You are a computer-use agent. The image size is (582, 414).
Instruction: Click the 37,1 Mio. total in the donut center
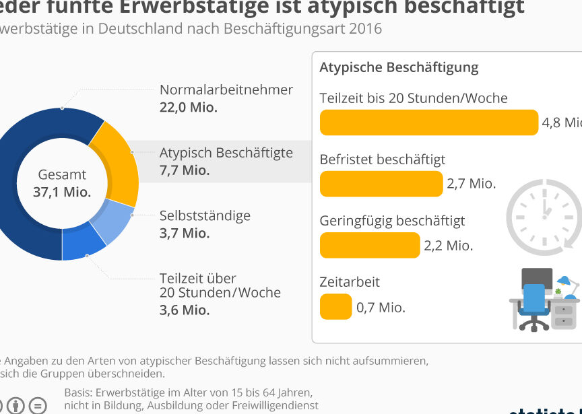[62, 192]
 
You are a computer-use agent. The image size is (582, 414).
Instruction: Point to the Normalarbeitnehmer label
[226, 90]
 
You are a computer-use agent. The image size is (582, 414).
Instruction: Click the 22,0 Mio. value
[188, 107]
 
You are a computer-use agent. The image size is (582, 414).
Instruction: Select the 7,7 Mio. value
[185, 170]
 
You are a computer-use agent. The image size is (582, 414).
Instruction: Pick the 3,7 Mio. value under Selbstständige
[185, 233]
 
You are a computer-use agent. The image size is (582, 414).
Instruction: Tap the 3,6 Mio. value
[185, 310]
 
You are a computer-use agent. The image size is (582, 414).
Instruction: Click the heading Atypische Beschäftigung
[399, 67]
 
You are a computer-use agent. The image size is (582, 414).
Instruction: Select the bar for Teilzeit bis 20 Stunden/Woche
[428, 123]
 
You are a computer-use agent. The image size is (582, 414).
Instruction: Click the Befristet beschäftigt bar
[381, 184]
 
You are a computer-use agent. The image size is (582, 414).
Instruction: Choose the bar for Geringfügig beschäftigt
[369, 245]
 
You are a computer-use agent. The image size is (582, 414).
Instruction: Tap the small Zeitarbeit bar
[335, 306]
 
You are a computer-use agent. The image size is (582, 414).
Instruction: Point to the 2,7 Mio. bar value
[471, 184]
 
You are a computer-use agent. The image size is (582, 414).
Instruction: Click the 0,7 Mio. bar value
[381, 308]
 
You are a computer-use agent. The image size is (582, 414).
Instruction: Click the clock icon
[543, 216]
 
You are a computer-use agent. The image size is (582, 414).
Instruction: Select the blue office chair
[534, 306]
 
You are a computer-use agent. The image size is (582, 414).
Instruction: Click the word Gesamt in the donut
[62, 174]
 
